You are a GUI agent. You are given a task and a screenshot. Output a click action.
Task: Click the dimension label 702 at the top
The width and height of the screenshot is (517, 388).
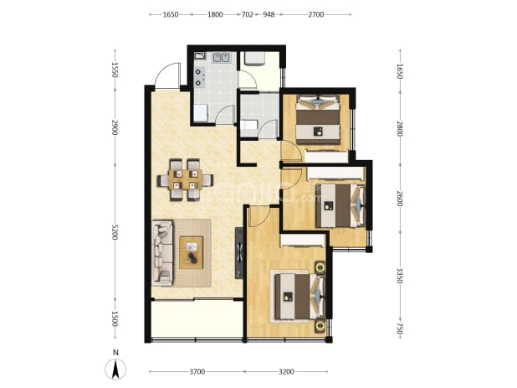[248, 14]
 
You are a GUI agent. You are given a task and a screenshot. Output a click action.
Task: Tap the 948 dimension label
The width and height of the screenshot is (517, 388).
[269, 14]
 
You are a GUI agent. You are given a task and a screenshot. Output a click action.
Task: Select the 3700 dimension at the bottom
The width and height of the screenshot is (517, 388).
[197, 372]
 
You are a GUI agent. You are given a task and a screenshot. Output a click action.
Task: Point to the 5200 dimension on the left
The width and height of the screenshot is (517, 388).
[115, 232]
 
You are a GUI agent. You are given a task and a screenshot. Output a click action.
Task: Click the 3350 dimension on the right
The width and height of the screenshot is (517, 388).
[400, 276]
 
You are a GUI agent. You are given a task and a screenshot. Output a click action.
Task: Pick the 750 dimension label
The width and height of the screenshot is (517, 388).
[400, 329]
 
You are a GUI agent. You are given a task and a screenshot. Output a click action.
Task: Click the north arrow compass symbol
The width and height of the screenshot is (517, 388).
[115, 370]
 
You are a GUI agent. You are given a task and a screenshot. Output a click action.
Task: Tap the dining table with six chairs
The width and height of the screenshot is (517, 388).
[185, 180]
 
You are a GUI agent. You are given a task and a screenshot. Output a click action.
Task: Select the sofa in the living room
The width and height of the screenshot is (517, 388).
[162, 253]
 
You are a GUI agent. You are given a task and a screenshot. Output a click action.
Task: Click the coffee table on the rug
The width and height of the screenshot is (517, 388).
[192, 252]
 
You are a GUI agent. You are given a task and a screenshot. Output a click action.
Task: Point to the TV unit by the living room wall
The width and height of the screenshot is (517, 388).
[239, 253]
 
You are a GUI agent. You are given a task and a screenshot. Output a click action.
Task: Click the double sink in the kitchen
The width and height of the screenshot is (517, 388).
[221, 58]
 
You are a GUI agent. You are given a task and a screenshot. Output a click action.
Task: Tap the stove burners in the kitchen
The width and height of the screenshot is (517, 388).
[199, 77]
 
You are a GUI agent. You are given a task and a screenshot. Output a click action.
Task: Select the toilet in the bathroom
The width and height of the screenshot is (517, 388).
[248, 125]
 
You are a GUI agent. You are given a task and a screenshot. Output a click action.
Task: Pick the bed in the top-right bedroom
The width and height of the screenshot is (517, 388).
[318, 120]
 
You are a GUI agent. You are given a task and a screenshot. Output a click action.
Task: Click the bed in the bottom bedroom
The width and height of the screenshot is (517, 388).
[300, 297]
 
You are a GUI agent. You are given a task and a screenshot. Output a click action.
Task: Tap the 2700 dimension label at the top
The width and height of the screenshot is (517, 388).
[316, 14]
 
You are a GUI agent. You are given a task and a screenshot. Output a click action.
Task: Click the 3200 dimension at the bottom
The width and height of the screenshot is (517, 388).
[286, 372]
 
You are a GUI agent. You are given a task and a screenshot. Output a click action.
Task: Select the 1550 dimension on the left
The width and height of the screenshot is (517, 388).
[115, 70]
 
